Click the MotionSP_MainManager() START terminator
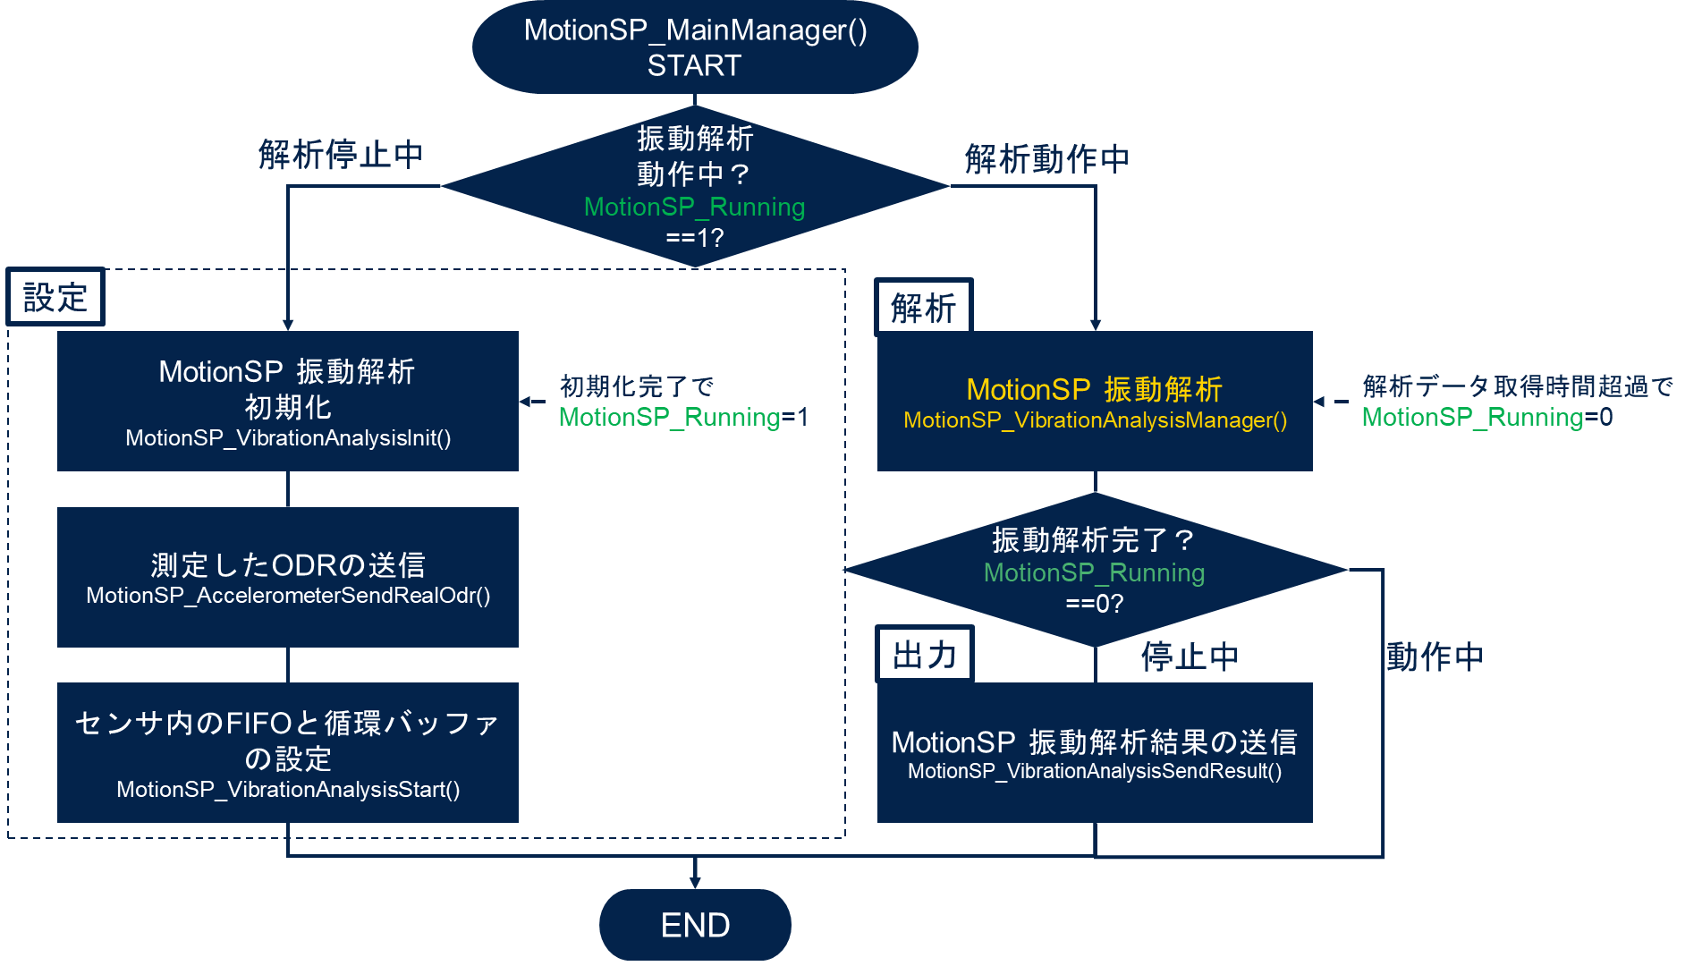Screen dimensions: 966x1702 coord(695,47)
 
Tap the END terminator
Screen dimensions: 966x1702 coord(695,925)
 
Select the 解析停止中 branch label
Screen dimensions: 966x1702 coord(341,155)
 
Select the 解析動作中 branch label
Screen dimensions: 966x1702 coord(1046,159)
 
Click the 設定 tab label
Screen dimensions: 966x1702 coord(55,297)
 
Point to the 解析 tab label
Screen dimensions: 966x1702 coord(923,309)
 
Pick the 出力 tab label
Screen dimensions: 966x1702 coord(924,656)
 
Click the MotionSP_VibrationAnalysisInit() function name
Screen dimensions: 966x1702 coord(288,438)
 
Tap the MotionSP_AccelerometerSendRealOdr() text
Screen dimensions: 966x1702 coord(288,596)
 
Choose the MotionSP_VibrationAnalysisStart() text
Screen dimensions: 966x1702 coord(288,790)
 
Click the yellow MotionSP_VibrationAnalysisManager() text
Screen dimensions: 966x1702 coord(1095,420)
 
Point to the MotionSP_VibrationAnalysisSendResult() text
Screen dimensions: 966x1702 coord(1095,771)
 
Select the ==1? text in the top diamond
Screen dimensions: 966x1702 coord(695,238)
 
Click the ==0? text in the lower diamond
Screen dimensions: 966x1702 coord(1095,604)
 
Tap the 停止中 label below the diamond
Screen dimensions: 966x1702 coord(1190,657)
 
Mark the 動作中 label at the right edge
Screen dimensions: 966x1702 coord(1435,657)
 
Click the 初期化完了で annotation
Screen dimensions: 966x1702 coord(637,386)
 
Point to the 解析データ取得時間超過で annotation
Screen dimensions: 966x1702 coord(1517,386)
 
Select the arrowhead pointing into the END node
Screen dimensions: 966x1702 coord(695,882)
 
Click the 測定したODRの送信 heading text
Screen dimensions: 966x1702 coord(288,565)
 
